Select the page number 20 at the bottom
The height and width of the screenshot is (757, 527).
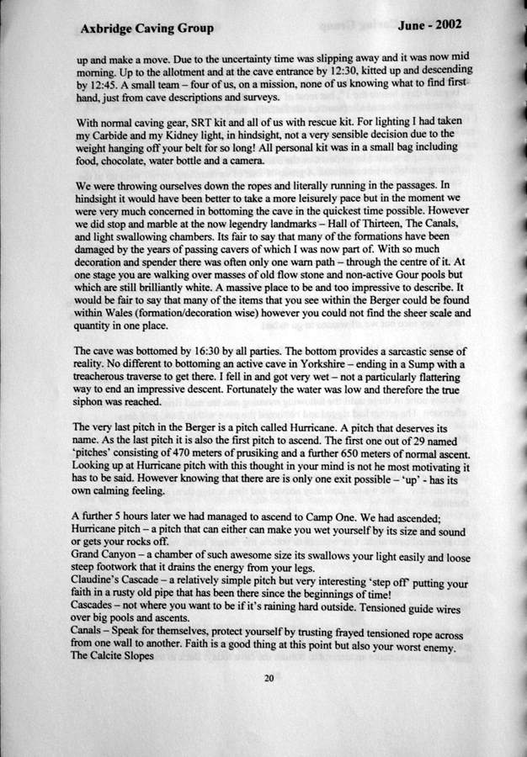click(x=269, y=679)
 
